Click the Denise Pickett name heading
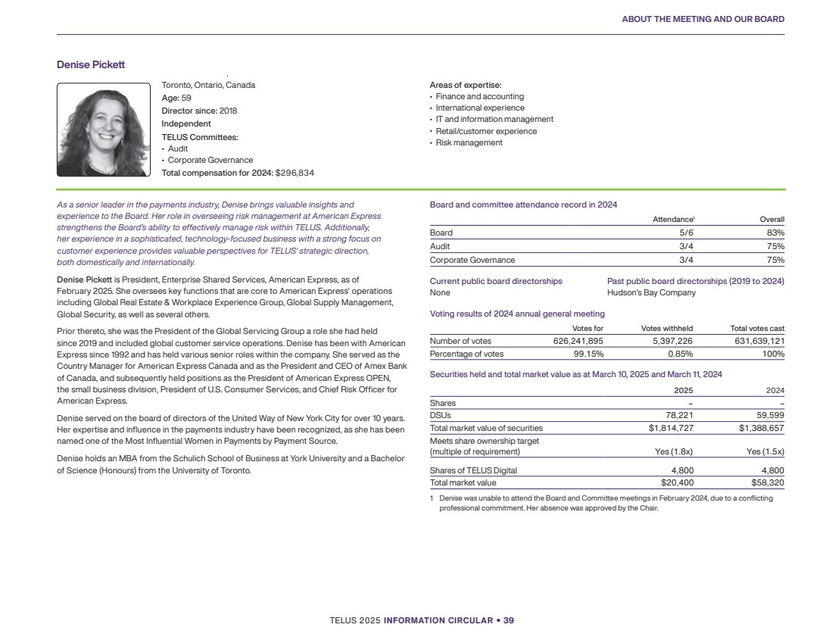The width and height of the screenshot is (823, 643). pos(91,64)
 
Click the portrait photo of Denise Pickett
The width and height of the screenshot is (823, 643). pos(103,130)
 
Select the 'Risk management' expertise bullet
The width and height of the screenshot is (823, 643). pos(468,143)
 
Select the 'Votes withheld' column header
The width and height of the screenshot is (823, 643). pos(666,328)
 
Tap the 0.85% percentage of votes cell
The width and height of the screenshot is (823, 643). pos(679,354)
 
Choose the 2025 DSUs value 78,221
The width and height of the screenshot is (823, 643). pos(677,415)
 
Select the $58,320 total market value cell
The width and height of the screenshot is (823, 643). pos(767,482)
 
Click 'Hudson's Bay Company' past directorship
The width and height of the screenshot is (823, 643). pos(651,292)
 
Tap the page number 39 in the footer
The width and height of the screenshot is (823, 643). pos(509,620)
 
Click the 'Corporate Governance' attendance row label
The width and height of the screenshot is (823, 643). pos(468,259)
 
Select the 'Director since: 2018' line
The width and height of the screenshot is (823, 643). pos(199,111)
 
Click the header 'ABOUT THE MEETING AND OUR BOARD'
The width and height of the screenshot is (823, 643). pos(703,19)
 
